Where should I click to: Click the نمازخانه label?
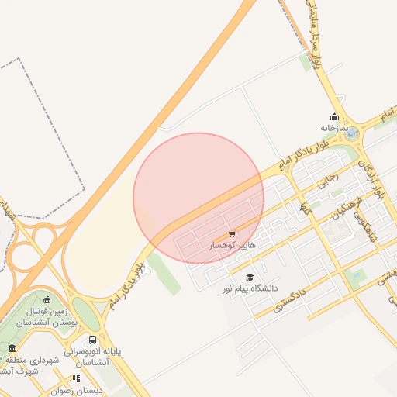333,127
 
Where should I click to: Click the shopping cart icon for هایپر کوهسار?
232,234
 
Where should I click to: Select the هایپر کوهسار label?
233,245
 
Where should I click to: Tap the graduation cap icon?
250,277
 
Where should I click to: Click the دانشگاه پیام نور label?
250,288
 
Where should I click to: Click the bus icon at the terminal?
93,340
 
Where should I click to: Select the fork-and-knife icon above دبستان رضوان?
76,378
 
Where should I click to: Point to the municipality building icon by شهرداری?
12,349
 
